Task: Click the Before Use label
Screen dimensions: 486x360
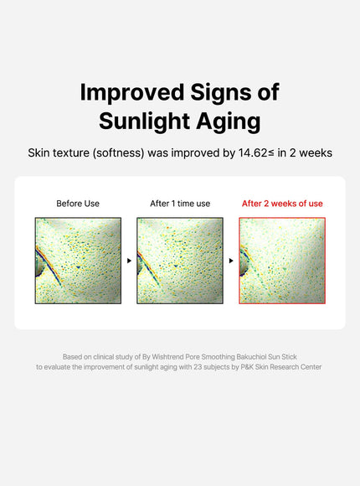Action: (78, 204)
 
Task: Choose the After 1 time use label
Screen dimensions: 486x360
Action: (180, 204)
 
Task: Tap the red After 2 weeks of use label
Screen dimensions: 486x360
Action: (282, 204)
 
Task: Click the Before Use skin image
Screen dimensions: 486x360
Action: (78, 261)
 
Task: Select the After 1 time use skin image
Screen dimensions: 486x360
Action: (180, 261)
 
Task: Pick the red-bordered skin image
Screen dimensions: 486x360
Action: (282, 261)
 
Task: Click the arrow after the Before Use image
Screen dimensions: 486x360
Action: (129, 261)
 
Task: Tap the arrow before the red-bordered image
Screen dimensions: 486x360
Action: (231, 261)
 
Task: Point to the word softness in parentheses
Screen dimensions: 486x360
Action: (128, 153)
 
